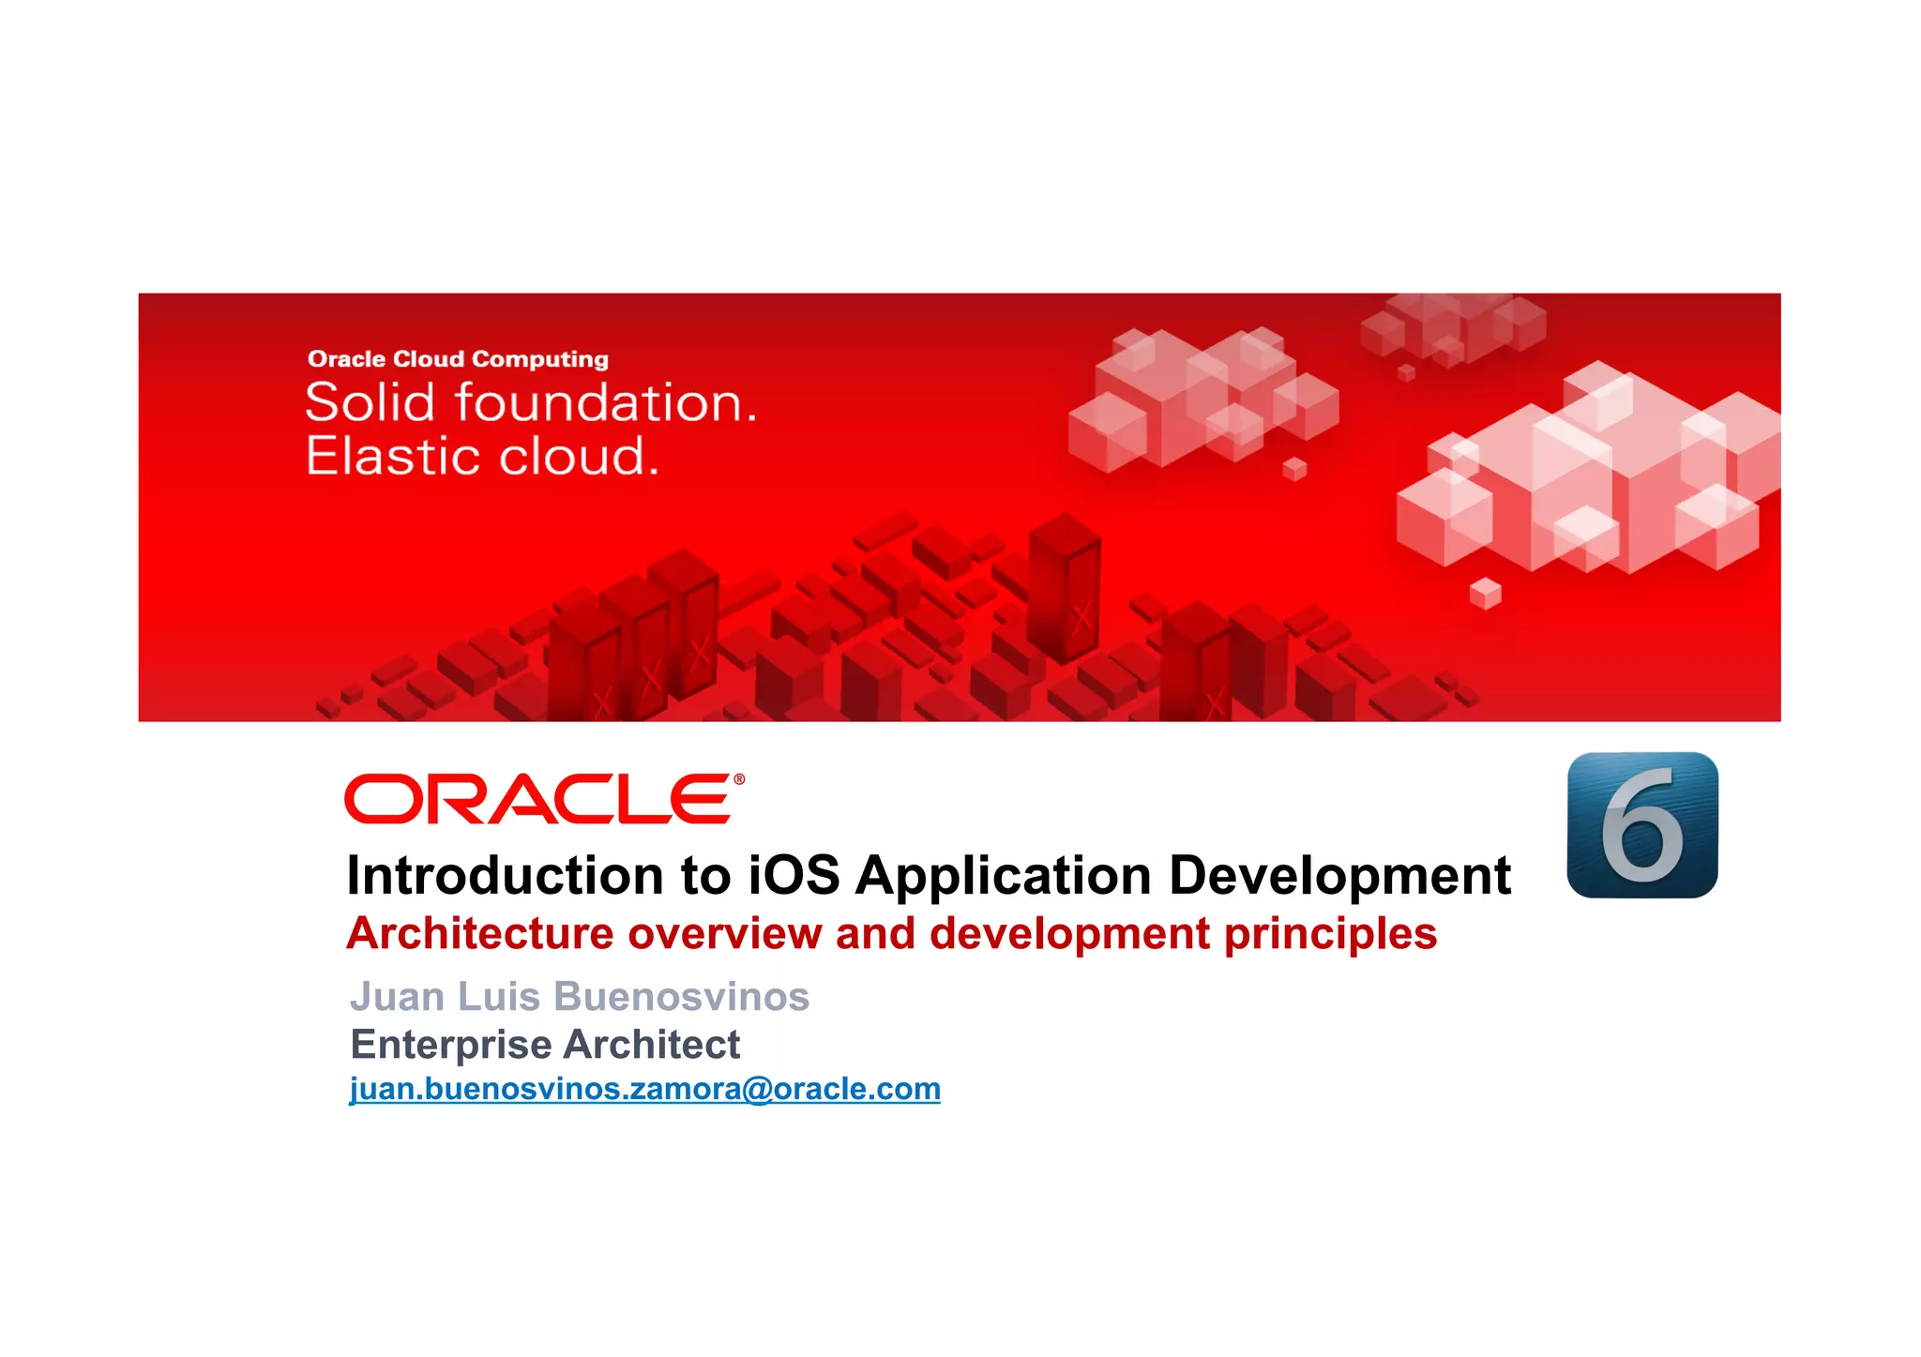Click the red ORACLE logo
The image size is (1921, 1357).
(x=538, y=799)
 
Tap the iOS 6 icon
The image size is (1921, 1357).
(x=1641, y=824)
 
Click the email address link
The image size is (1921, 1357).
(x=644, y=1089)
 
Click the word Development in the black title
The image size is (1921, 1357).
(x=1339, y=876)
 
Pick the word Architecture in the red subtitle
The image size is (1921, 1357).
(x=479, y=934)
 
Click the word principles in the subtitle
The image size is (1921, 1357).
(x=1330, y=934)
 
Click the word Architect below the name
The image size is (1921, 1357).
(x=652, y=1045)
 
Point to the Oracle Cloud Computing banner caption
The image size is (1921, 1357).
(x=458, y=359)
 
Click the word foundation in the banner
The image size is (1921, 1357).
(x=605, y=403)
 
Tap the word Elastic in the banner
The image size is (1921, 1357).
(x=393, y=457)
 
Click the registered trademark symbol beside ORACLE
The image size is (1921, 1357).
(x=739, y=779)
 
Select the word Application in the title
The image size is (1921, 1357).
(x=1003, y=876)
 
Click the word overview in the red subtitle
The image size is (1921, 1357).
(x=724, y=934)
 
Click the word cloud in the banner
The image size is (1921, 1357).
(x=578, y=457)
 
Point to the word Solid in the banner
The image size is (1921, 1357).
(x=371, y=403)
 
